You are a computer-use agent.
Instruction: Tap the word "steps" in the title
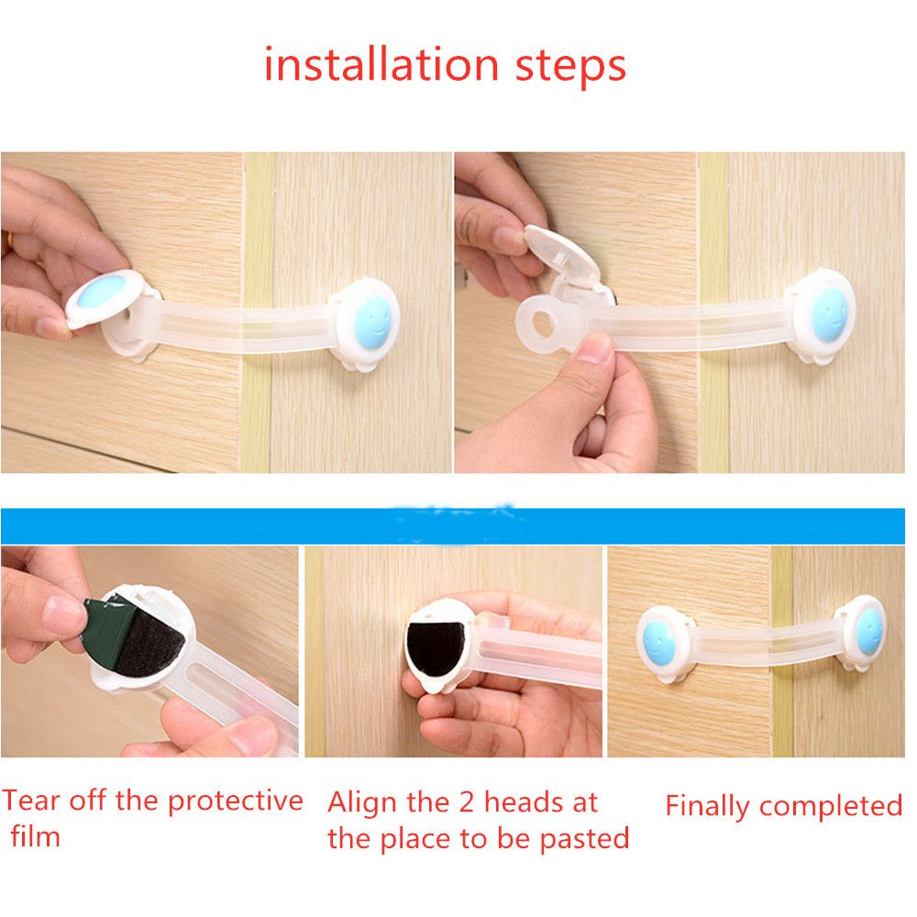570,67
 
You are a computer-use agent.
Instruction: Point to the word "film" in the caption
36,836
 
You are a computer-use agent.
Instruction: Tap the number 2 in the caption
467,802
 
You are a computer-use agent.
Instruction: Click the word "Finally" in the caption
708,807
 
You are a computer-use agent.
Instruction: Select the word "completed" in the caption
831,807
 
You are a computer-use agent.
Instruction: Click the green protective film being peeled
108,629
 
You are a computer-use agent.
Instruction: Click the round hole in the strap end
542,324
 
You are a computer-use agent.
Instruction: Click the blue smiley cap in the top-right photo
829,315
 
